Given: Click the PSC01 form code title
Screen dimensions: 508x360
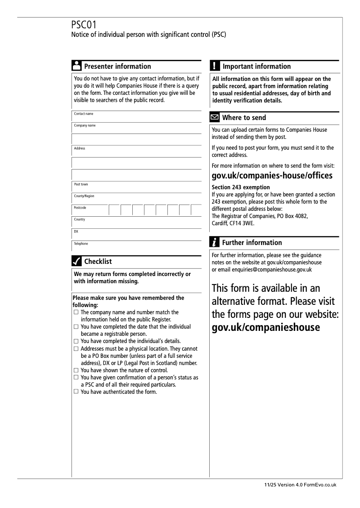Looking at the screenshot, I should point(84,25).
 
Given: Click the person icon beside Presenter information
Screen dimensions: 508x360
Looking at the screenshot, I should point(76,66).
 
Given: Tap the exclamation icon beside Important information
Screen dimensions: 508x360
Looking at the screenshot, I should point(215,66).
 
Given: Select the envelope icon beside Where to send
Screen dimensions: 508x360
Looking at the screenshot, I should point(215,118).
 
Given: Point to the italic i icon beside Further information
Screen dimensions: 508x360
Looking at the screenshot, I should point(215,243).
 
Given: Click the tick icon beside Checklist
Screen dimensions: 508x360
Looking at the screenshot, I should point(76,261).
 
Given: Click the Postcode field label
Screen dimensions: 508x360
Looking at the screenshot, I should point(80,208).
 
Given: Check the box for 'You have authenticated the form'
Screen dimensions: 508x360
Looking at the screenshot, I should point(76,392).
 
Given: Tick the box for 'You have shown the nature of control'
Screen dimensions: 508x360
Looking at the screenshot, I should point(76,370).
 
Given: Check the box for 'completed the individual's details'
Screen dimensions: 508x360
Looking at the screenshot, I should point(76,341).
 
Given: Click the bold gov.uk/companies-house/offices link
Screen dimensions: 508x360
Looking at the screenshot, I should point(272,175).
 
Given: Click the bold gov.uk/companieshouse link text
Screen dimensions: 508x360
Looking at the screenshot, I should point(265,327).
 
